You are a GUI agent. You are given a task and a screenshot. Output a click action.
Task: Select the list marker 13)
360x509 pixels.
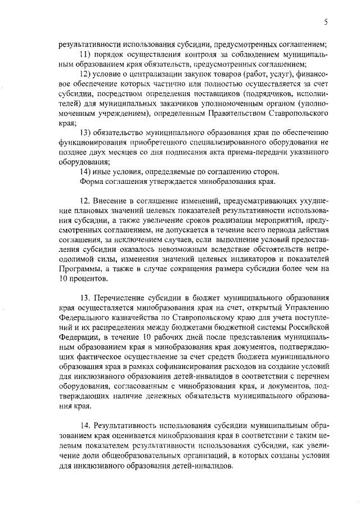click(x=86, y=133)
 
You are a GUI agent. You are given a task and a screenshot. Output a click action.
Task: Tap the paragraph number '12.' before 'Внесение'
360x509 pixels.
click(x=85, y=201)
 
